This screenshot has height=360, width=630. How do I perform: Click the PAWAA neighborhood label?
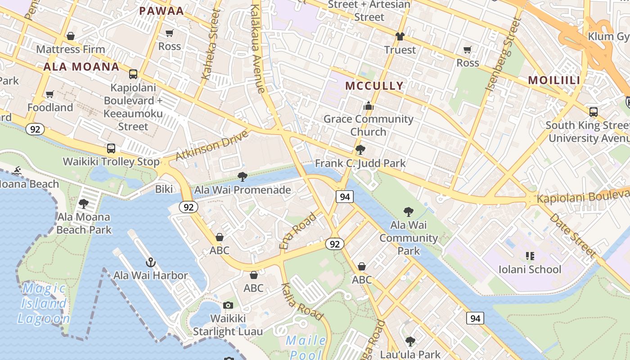click(162, 11)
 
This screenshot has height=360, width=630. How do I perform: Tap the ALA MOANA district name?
click(81, 67)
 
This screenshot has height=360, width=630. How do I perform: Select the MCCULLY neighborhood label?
click(374, 85)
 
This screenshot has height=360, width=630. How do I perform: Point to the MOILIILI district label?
click(554, 80)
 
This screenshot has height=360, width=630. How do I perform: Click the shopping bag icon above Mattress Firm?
click(70, 36)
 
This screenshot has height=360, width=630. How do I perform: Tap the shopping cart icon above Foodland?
click(50, 94)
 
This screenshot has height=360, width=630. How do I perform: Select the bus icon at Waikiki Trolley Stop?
click(111, 148)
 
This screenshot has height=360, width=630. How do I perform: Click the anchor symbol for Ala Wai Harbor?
click(151, 262)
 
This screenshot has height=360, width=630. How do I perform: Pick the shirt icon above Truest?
click(400, 36)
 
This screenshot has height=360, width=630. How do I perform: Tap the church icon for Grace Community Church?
click(369, 106)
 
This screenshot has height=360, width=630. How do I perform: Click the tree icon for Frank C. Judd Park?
click(360, 150)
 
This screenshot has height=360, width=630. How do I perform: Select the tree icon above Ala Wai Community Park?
click(408, 211)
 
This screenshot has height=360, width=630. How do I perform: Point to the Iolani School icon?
click(530, 256)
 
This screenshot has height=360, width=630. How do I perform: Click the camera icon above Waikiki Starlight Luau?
click(228, 305)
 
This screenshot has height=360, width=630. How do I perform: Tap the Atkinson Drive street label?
click(211, 145)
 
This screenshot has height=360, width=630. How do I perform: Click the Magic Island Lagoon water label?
click(44, 303)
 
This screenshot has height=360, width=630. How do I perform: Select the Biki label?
click(164, 189)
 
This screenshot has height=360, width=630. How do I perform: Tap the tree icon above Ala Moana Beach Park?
click(84, 204)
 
